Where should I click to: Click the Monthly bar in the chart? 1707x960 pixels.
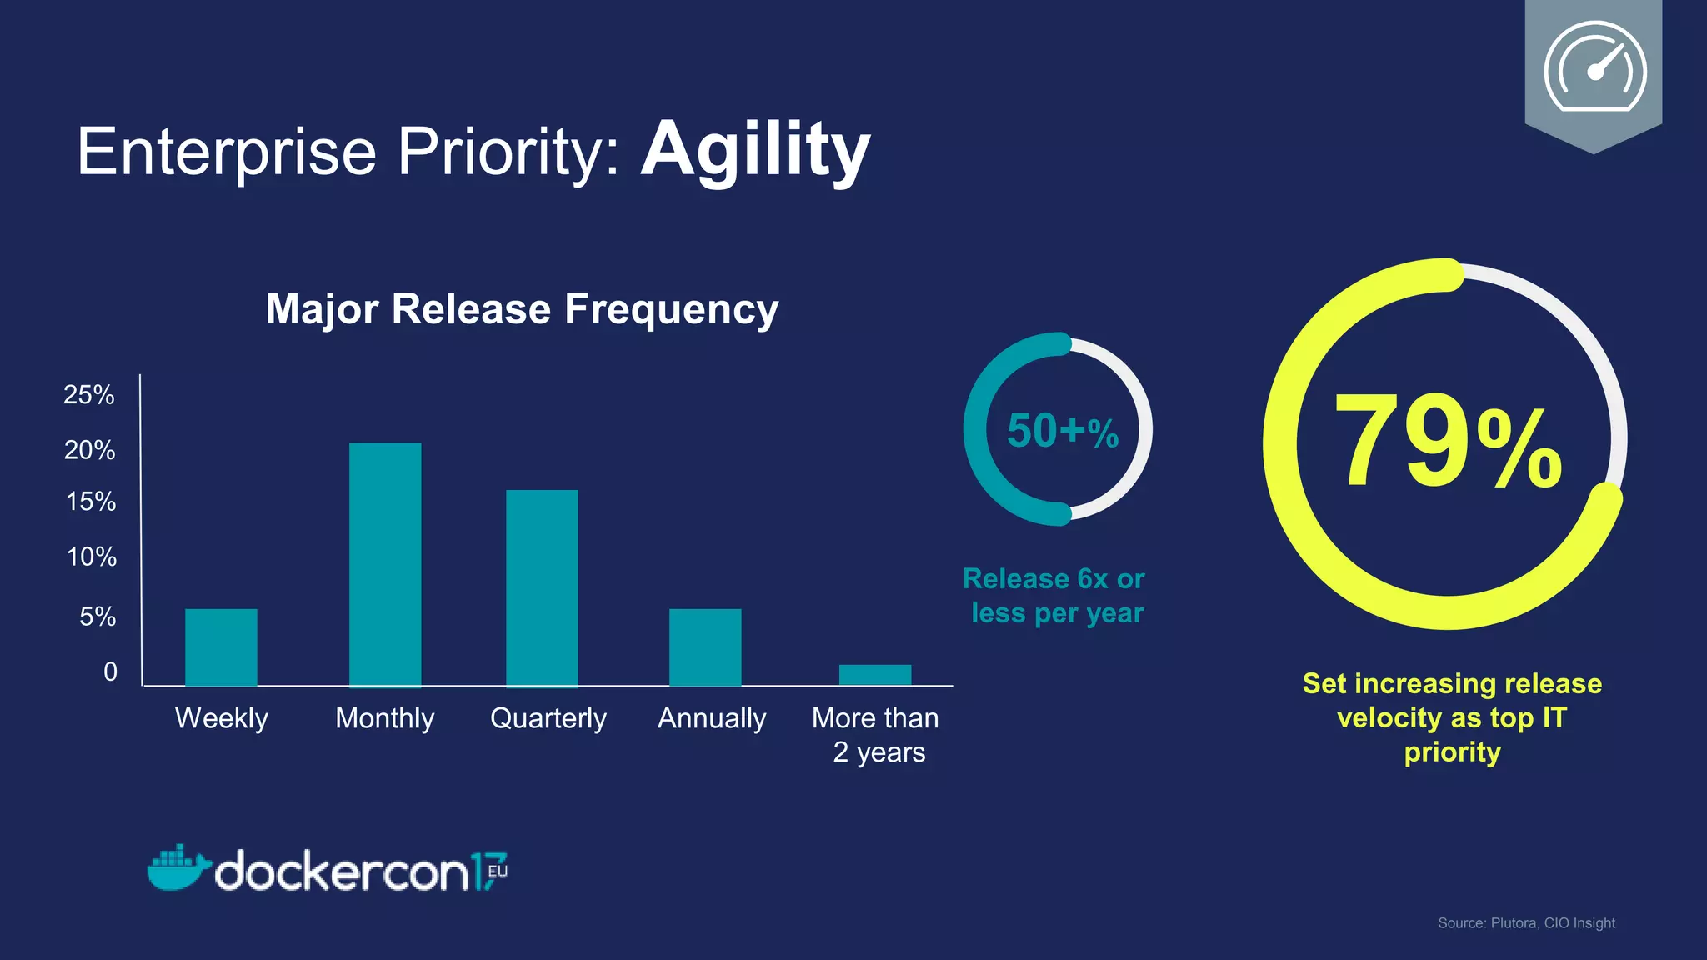[385, 564]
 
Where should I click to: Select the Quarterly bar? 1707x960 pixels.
[542, 587]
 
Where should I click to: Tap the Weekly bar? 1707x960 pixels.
[221, 647]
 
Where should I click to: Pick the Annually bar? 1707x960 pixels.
[705, 647]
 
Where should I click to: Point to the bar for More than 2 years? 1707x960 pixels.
[875, 675]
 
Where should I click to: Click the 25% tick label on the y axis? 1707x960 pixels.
[89, 394]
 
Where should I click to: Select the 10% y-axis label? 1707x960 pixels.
[92, 557]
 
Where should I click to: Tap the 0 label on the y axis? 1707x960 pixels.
[110, 672]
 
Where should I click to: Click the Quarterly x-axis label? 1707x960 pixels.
[548, 718]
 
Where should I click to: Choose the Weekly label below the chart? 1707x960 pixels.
[222, 718]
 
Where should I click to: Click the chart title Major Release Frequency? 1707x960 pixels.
[522, 309]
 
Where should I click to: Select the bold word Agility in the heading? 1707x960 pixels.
[755, 150]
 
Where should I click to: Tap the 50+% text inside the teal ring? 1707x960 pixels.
[1062, 431]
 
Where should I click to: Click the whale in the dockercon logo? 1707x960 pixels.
[178, 868]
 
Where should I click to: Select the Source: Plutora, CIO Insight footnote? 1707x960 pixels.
[1526, 923]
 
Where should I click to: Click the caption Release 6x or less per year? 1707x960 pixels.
[1055, 596]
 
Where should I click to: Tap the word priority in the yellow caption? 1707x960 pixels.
[1452, 752]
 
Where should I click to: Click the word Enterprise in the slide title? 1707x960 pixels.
[227, 152]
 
